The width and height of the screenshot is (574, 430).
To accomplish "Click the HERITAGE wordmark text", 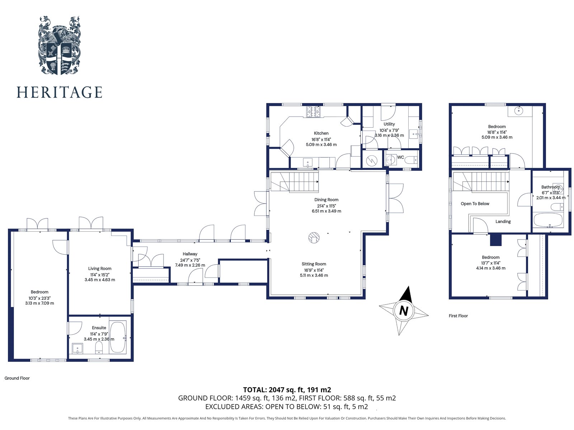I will tap(60, 92).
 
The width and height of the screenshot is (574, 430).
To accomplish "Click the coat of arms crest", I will tap(59, 46).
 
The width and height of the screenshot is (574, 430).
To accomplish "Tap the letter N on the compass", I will tap(404, 311).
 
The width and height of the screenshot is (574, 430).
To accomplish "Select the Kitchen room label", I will tap(321, 133).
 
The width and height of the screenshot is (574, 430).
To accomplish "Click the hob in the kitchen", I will tap(313, 112).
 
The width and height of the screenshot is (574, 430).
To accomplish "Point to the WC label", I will tap(400, 157).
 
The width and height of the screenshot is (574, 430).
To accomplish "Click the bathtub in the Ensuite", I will tap(118, 337).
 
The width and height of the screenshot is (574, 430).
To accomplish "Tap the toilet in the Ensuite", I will tap(99, 347).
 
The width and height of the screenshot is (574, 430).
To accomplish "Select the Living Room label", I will tap(100, 268).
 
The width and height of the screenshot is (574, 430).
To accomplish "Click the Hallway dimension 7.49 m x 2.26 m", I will tap(190, 265).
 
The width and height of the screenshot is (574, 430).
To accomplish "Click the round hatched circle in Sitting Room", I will tap(314, 238).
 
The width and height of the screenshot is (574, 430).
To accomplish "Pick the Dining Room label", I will tap(326, 200).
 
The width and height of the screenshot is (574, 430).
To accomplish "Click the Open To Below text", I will tap(475, 204).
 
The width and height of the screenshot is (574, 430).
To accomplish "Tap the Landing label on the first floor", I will tap(503, 222).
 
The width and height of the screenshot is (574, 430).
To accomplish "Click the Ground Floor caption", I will tap(17, 378).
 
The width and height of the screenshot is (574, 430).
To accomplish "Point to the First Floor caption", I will tap(458, 316).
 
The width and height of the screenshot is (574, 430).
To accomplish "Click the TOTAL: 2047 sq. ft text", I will tap(287, 390).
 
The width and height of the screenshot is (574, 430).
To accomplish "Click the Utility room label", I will tap(389, 124).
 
